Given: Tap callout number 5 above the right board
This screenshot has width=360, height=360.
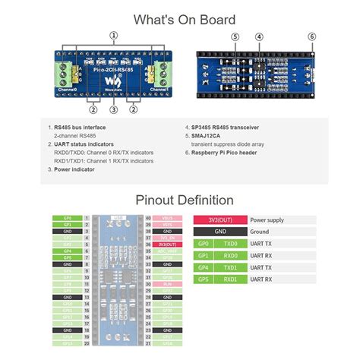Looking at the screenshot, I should [235, 36].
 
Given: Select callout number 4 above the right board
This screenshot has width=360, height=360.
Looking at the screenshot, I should [259, 36].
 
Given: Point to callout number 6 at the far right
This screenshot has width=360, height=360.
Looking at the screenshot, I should [311, 36].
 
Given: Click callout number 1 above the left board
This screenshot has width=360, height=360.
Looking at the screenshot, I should [114, 35].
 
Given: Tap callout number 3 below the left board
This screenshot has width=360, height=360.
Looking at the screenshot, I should [113, 109].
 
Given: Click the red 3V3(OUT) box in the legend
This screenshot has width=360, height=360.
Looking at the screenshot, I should [220, 219].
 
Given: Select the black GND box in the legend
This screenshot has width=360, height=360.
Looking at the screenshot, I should [220, 232].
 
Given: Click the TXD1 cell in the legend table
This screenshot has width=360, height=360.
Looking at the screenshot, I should [230, 267].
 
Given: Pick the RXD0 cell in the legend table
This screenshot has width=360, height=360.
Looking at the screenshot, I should [230, 256].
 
